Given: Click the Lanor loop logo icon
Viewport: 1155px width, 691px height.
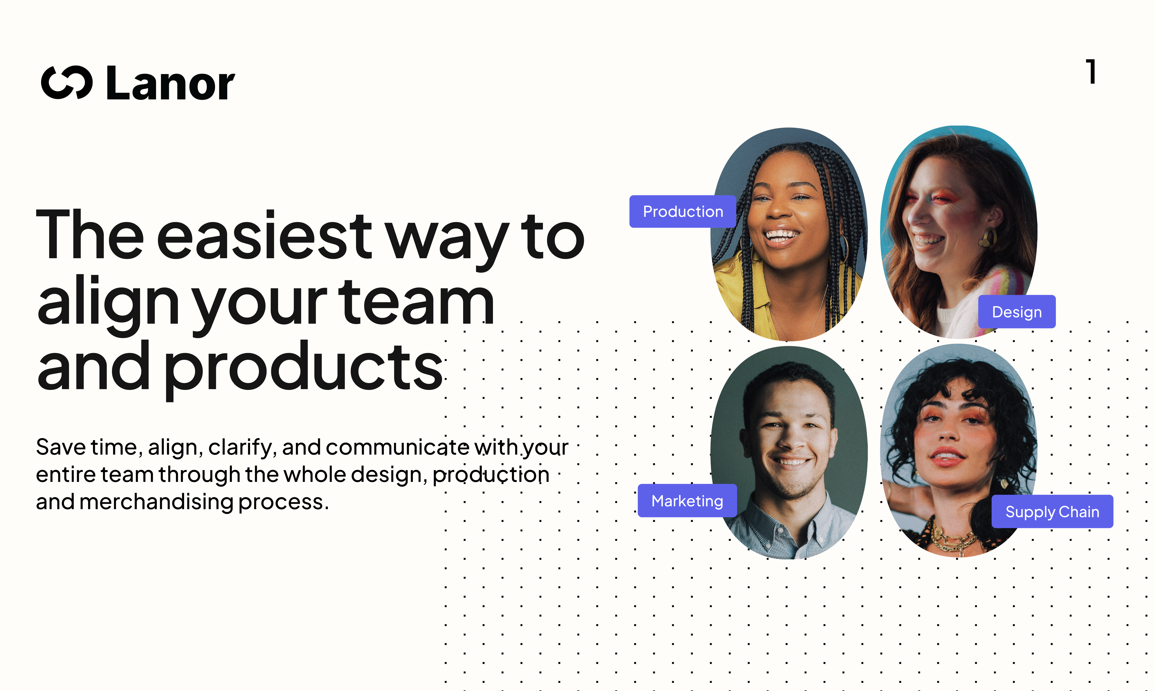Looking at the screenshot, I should (x=67, y=83).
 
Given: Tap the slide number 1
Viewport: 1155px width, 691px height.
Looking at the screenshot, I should (x=1091, y=72).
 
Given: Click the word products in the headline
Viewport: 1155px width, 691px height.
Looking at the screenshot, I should (x=303, y=368).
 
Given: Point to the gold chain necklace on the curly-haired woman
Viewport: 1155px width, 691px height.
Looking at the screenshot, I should (x=950, y=540).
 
